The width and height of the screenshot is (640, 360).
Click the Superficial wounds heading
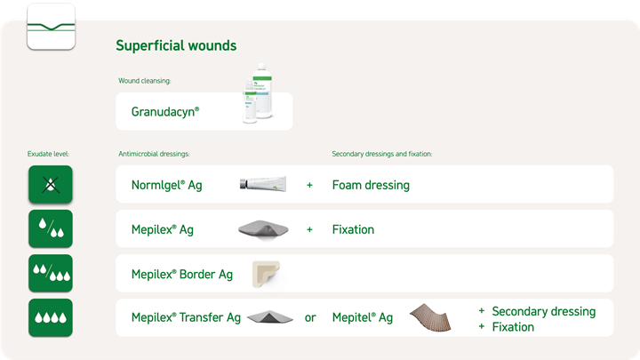[176, 45]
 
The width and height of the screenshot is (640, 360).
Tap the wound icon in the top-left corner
[51, 27]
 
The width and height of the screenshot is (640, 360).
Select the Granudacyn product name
[165, 112]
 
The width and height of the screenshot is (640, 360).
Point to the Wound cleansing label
[145, 81]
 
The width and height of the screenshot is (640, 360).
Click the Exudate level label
[48, 154]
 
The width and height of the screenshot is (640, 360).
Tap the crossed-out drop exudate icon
[51, 185]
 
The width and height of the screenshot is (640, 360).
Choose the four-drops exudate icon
[51, 317]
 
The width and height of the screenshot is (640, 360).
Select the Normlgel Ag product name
[166, 185]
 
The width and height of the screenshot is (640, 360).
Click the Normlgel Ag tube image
[263, 184]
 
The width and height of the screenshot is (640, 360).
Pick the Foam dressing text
[371, 185]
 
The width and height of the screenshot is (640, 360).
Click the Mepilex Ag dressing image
[263, 230]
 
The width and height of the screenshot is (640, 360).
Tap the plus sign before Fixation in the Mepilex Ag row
[309, 230]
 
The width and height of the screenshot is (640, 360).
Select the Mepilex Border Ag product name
[182, 275]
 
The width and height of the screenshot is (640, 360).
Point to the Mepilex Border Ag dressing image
[266, 274]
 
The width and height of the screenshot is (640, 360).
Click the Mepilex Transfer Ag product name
[186, 317]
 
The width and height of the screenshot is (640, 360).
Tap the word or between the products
[310, 318]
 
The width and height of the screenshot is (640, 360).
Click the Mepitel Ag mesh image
[430, 317]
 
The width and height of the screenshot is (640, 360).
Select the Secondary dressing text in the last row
[544, 311]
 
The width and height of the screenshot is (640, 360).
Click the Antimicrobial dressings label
[154, 154]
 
